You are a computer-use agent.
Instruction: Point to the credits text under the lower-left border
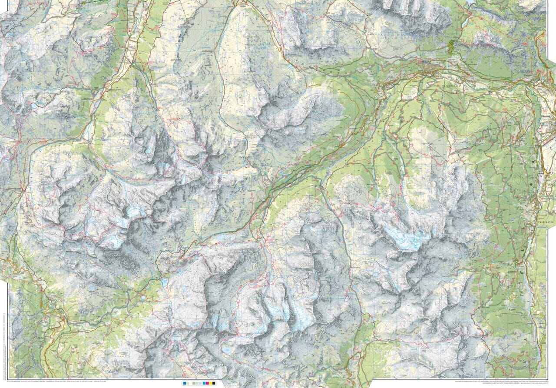87,379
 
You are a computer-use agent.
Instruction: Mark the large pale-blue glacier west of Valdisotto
404,239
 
